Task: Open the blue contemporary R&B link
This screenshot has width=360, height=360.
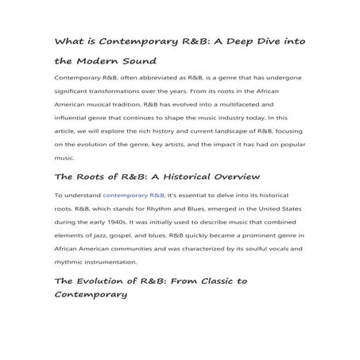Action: click(x=134, y=194)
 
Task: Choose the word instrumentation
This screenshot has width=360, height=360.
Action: click(x=111, y=263)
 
